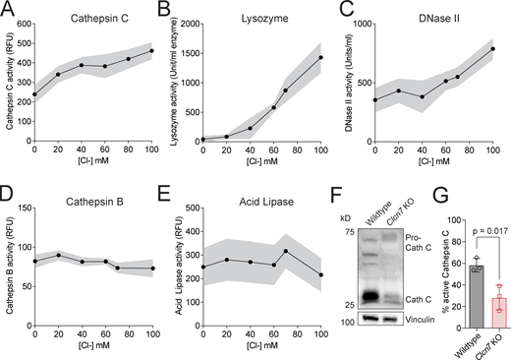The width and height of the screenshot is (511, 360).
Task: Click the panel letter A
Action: coord(7,9)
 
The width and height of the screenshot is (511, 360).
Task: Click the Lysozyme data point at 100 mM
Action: coord(321,57)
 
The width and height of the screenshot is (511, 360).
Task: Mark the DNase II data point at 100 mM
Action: coord(492,49)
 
